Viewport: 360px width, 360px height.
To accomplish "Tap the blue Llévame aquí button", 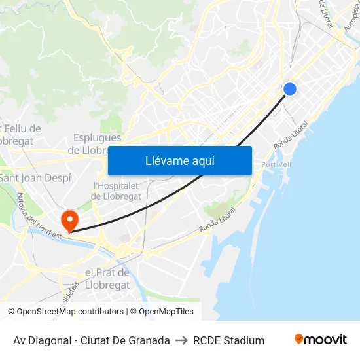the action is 179,160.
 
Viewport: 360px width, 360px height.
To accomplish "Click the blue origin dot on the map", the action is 290,89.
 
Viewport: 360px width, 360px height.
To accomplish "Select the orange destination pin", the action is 69,219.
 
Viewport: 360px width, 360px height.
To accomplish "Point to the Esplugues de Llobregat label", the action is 97,144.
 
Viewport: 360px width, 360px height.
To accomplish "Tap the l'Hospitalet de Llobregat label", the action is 116,191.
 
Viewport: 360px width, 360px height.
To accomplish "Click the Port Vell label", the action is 276,164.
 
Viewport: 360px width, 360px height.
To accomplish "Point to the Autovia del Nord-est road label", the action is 39,217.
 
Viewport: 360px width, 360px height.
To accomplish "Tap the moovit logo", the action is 321,340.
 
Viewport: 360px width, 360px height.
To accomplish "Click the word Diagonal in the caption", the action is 50,340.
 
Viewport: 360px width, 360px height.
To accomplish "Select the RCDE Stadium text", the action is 228,340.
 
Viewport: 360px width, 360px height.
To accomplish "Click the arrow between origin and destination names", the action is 181,340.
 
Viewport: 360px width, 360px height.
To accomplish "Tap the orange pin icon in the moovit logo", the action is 299,339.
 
